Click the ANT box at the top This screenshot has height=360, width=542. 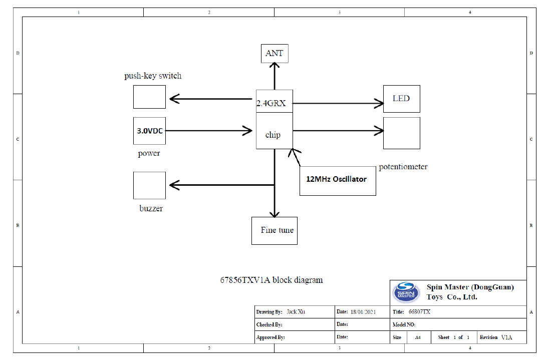click(x=275, y=54)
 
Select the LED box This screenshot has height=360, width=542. click(x=401, y=99)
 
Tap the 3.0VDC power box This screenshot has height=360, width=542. click(x=149, y=131)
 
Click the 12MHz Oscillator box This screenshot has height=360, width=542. click(x=337, y=180)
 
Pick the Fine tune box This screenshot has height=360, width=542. click(x=274, y=230)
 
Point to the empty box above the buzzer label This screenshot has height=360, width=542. click(x=149, y=185)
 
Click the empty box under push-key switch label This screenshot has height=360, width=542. click(x=149, y=97)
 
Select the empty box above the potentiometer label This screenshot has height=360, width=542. click(x=401, y=133)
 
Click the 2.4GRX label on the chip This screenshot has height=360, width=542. click(x=271, y=104)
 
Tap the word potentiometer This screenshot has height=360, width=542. click(x=403, y=167)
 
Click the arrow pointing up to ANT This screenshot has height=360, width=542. click(x=275, y=77)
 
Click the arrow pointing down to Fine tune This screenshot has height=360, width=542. click(x=275, y=200)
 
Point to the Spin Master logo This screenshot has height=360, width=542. click(x=407, y=291)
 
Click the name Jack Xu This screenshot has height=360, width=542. click(x=296, y=312)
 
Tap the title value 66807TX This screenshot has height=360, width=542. click(x=419, y=312)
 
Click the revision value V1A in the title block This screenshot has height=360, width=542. click(x=507, y=337)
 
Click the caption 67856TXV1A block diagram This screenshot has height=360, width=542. click(x=272, y=280)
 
